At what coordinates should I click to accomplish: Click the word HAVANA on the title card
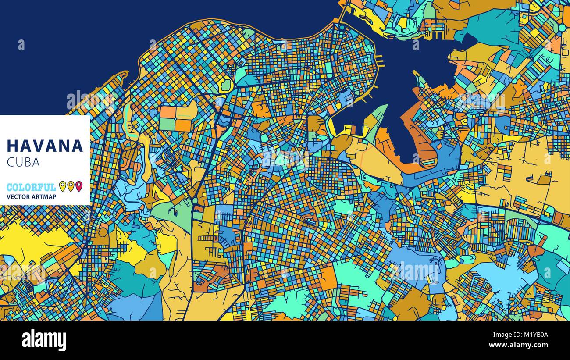point(45,146)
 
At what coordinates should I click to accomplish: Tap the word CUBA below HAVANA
point(23,162)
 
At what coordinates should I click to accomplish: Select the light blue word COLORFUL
point(31,187)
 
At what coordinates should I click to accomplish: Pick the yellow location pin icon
point(62,186)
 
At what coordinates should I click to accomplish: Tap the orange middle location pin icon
point(71,186)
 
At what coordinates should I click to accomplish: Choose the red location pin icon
point(78,186)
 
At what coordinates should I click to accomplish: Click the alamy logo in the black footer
point(44,340)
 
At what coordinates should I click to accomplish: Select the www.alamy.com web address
point(523,346)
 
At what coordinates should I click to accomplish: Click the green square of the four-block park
point(167,125)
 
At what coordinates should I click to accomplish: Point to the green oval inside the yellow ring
point(226,85)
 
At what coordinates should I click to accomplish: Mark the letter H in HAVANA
point(12,146)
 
